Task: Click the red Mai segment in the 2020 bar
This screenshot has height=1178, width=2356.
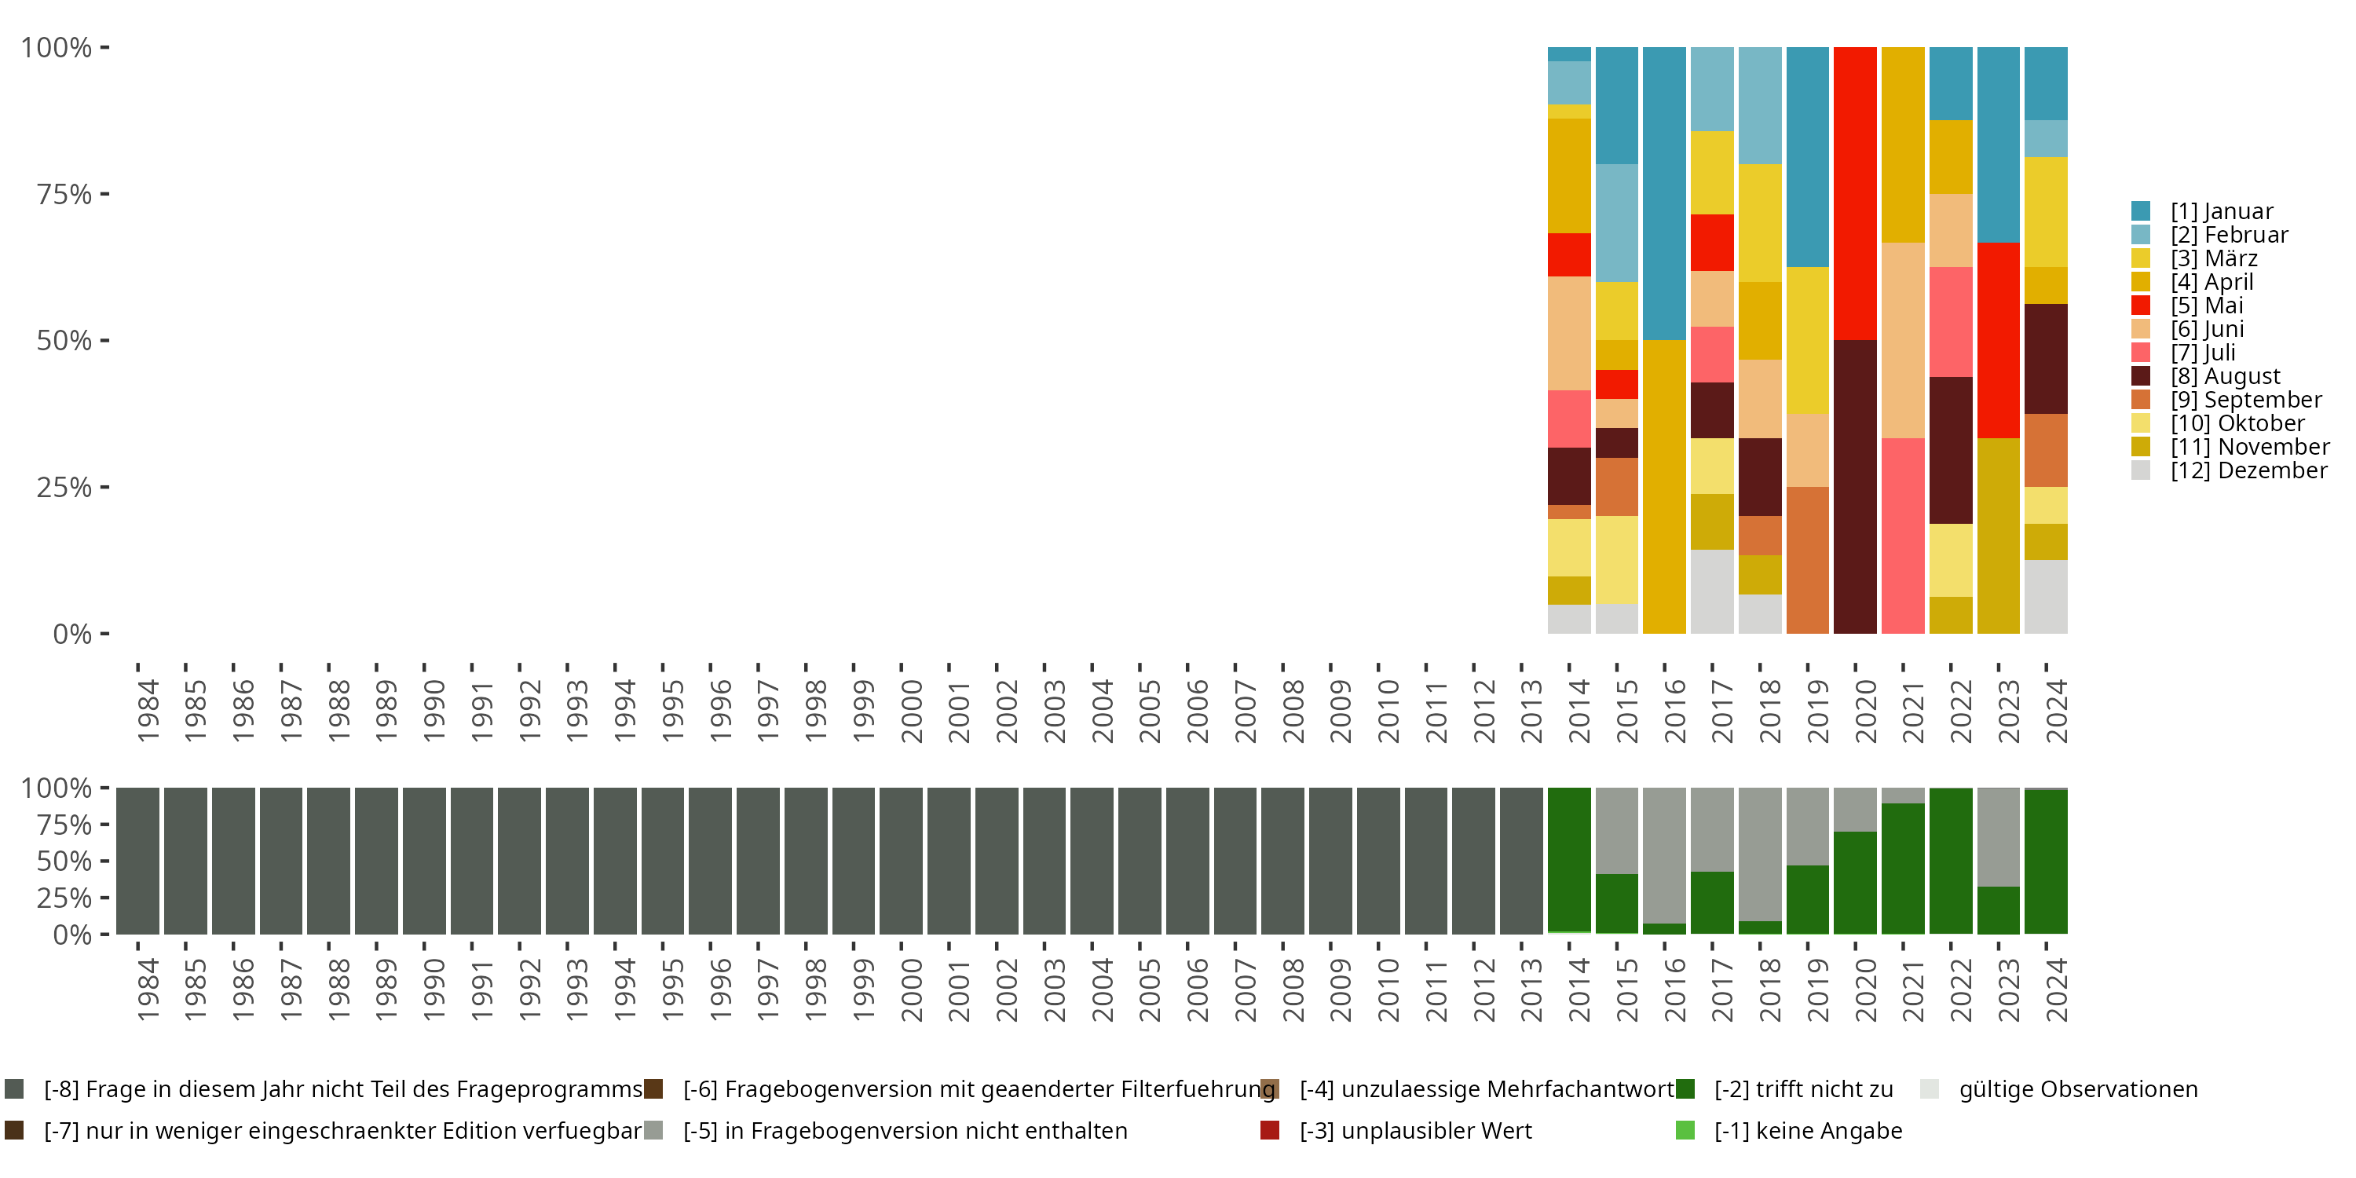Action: [x=1855, y=194]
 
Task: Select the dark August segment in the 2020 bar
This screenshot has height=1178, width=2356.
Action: [x=1855, y=487]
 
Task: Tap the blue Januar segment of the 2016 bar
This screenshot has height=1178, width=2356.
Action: [x=1663, y=194]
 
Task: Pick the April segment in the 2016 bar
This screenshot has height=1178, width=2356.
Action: [x=1663, y=487]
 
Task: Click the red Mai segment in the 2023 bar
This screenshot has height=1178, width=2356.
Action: [x=1999, y=340]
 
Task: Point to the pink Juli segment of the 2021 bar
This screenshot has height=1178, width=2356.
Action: [x=1902, y=536]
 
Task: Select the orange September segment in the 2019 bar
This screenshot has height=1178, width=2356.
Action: [x=1807, y=560]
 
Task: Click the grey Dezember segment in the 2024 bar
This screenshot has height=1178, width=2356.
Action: [x=2046, y=596]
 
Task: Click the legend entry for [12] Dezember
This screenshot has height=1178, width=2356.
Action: [x=2229, y=470]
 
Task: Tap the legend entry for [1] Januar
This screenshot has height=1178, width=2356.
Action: [x=2202, y=211]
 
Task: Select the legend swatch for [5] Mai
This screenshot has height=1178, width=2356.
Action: [x=2141, y=305]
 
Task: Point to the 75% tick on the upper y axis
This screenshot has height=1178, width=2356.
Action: [x=105, y=194]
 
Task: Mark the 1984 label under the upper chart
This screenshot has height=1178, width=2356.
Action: [x=148, y=711]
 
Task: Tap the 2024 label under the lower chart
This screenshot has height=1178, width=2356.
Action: [x=2056, y=990]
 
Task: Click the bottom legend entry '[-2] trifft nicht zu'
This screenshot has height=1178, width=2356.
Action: [x=1784, y=1089]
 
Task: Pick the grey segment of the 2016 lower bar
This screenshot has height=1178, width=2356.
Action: [x=1663, y=855]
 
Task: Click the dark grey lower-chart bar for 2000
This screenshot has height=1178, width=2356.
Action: [x=901, y=861]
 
